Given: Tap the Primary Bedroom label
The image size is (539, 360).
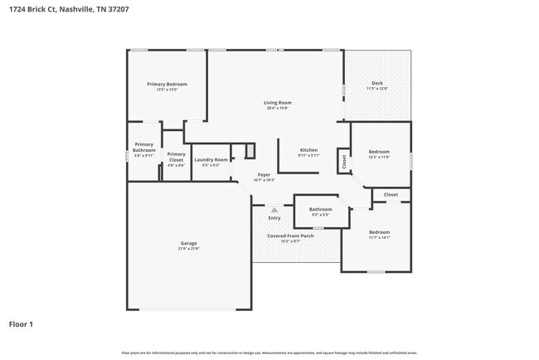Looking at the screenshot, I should point(167,84).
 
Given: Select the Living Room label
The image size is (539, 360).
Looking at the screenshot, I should point(278,103).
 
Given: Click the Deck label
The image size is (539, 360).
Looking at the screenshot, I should point(377,84).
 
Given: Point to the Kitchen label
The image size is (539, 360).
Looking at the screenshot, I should point(308,150).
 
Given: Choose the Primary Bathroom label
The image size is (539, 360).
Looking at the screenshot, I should point(144,147).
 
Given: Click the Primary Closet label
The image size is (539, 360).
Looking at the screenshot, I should point(176,156).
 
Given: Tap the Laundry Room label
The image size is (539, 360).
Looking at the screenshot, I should point(211,159).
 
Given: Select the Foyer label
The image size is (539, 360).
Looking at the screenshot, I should point(264,175).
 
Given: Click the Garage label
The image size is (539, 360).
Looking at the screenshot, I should point(189,243).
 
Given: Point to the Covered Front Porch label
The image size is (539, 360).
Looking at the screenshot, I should point(290,236).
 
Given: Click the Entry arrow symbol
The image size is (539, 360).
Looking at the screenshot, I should point(274,210).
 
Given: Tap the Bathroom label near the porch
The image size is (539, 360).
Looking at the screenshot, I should point(321,209).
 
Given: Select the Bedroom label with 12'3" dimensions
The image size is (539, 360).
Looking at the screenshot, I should point(379,152).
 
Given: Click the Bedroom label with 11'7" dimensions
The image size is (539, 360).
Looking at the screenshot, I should point(379,231).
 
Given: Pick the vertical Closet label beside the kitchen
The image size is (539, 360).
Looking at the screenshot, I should point(343,161).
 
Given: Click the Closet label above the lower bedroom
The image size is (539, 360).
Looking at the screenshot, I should point(391,194).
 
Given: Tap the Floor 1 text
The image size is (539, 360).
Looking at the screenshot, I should point(22,324).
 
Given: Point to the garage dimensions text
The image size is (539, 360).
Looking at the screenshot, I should point(189,249).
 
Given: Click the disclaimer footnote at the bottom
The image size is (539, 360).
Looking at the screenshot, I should point(269,353).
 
